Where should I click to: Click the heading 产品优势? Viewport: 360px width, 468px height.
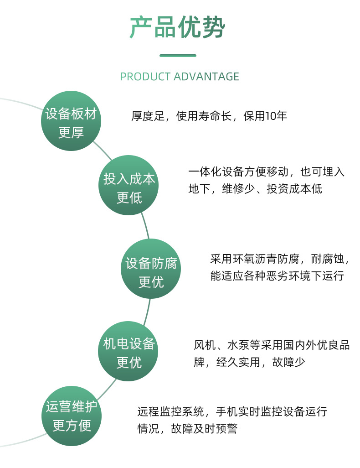coord(178,27)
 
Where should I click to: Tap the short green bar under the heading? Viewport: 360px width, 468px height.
coord(178,56)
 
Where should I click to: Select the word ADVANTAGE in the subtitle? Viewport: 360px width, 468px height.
coord(206,77)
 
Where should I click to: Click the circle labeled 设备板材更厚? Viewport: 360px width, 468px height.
coord(71,120)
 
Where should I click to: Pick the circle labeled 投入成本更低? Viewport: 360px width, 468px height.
coord(129,185)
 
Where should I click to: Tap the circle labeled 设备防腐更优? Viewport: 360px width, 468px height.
coord(151,269)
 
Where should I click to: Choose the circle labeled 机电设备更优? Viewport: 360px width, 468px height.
coord(129,351)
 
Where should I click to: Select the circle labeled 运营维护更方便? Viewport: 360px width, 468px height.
coord(72,416)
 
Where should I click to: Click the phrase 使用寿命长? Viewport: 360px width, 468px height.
coord(204,116)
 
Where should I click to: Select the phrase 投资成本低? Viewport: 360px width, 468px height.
coord(294,189)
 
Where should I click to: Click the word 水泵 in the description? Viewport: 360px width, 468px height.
coord(238,345)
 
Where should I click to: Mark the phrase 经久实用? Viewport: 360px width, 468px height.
coord(238,362)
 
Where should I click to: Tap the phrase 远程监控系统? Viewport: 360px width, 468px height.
coord(170,411)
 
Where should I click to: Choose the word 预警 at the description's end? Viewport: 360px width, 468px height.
coord(226,429)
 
